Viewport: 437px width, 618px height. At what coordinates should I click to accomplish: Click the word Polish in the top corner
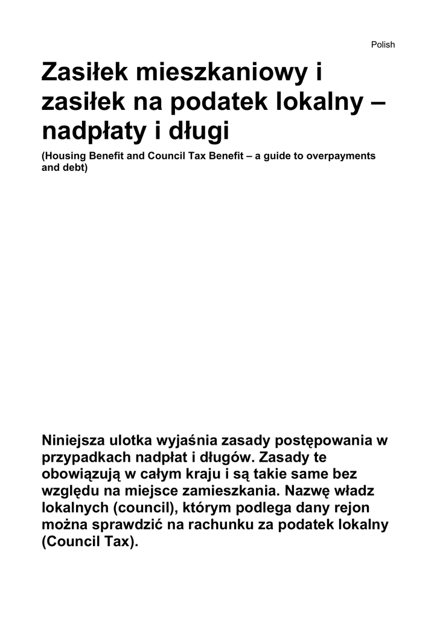tap(383, 45)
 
